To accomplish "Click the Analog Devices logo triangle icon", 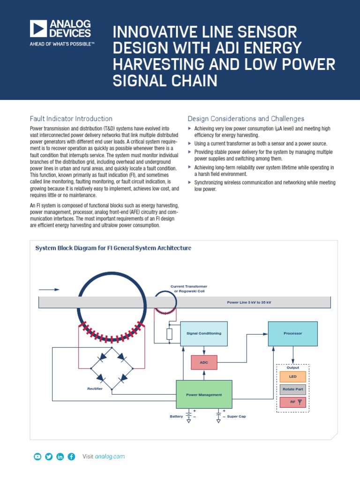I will pyautogui.click(x=37, y=29).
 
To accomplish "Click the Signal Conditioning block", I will pyautogui.click(x=204, y=333).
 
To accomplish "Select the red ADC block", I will pyautogui.click(x=204, y=362).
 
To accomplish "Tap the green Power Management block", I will pyautogui.click(x=204, y=394).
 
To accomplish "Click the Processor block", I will pyautogui.click(x=292, y=333).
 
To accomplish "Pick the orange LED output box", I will pyautogui.click(x=292, y=376).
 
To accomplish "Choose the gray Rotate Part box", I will pyautogui.click(x=292, y=389).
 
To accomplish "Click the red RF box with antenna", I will pyautogui.click(x=292, y=402).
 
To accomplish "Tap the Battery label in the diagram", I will pyautogui.click(x=176, y=416).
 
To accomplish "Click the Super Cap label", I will pyautogui.click(x=236, y=416).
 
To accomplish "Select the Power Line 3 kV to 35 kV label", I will pyautogui.click(x=249, y=302).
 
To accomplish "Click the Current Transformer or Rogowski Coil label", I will pyautogui.click(x=188, y=288).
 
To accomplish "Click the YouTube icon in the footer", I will pyautogui.click(x=37, y=457).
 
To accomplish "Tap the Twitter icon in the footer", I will pyautogui.click(x=49, y=457).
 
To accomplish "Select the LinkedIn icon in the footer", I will pyautogui.click(x=60, y=457).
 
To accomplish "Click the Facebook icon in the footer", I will pyautogui.click(x=71, y=457).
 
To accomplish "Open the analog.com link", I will pyautogui.click(x=110, y=457).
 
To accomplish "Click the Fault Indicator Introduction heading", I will pyautogui.click(x=71, y=119).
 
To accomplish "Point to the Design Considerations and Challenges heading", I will pyautogui.click(x=246, y=119).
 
